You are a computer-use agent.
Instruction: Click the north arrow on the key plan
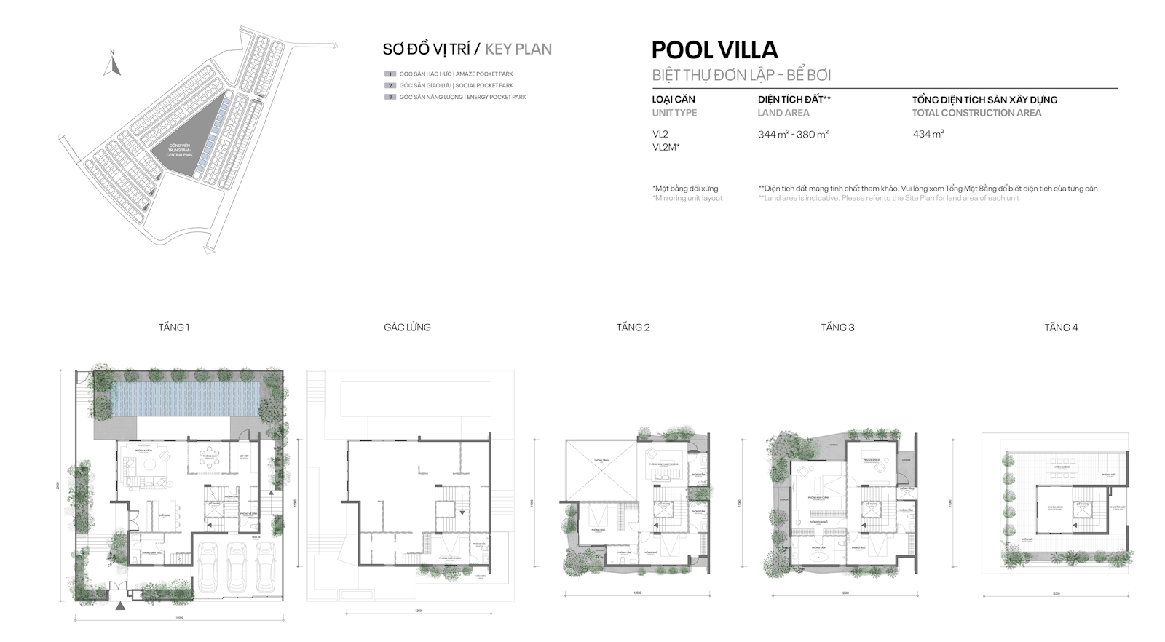pyautogui.click(x=111, y=65)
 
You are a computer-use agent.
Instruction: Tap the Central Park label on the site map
pyautogui.click(x=179, y=151)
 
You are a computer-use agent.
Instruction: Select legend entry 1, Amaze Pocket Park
pyautogui.click(x=455, y=74)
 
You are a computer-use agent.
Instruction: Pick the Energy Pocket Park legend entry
pyautogui.click(x=462, y=97)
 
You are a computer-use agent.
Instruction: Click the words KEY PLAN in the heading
pyautogui.click(x=518, y=49)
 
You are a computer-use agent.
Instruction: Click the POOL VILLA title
pyautogui.click(x=714, y=49)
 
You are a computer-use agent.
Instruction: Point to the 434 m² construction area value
pyautogui.click(x=928, y=134)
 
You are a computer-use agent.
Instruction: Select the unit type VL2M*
pyautogui.click(x=666, y=147)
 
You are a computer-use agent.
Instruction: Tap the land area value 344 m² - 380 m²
pyautogui.click(x=793, y=134)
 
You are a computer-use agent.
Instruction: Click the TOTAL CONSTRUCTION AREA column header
pyautogui.click(x=976, y=113)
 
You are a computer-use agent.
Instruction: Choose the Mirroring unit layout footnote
pyautogui.click(x=687, y=198)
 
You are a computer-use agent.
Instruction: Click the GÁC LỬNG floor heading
pyautogui.click(x=407, y=328)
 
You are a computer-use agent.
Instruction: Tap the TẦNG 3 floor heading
pyautogui.click(x=837, y=328)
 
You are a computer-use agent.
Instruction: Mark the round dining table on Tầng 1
pyautogui.click(x=212, y=458)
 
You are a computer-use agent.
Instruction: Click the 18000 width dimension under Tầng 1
pyautogui.click(x=179, y=618)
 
